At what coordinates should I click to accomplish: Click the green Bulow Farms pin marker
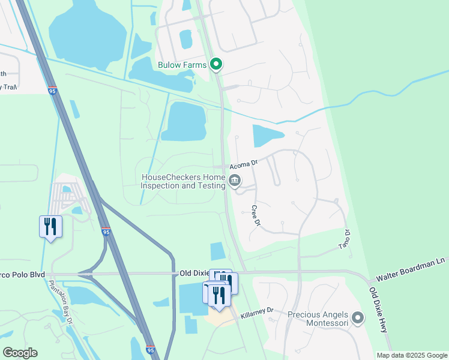pos(217,65)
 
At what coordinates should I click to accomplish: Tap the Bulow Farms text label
pos(182,65)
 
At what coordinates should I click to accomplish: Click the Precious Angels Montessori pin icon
pos(358,318)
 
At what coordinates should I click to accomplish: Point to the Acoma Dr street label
pos(245,163)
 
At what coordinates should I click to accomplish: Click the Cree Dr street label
pos(255,215)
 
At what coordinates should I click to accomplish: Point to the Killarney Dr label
pos(257,311)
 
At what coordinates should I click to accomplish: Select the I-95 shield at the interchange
pos(106,232)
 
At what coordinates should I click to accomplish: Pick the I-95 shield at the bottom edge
pos(150,350)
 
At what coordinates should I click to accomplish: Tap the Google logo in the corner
pos(20,352)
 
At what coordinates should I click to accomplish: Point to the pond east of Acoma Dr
pos(266,135)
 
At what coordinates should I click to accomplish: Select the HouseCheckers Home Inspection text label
pos(182,181)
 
